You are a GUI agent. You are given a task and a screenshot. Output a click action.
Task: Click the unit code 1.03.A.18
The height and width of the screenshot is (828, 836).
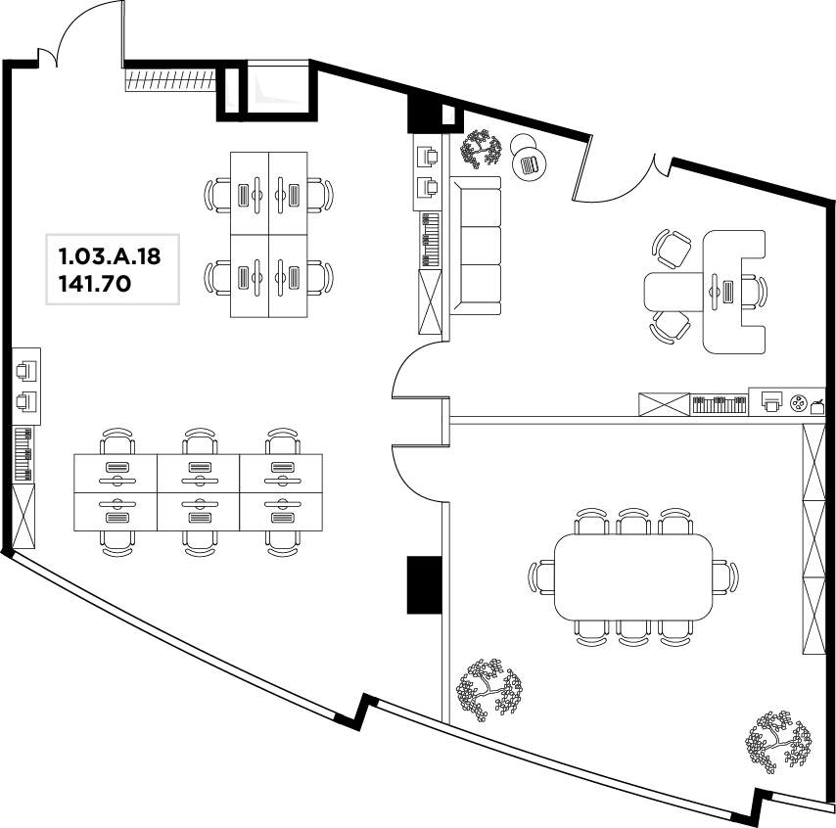(x=110, y=256)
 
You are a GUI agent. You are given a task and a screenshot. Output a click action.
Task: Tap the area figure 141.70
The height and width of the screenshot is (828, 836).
(x=94, y=284)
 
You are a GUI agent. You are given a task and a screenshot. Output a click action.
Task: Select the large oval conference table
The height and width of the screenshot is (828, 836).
(x=633, y=576)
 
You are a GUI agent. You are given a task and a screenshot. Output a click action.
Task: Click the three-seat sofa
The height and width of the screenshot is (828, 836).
(x=476, y=246)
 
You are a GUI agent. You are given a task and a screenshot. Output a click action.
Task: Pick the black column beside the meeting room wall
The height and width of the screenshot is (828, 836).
(x=425, y=585)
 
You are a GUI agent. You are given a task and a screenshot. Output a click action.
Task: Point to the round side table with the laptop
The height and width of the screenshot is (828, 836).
(x=531, y=163)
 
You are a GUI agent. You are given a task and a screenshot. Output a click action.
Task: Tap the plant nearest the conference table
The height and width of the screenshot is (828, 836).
(x=488, y=690)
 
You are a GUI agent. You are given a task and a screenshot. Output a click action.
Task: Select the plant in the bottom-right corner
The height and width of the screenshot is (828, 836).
(x=778, y=741)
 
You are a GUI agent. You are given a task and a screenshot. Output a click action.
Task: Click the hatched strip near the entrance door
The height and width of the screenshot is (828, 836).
(x=170, y=79)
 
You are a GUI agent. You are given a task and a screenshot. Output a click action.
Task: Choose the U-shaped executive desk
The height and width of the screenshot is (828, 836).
(x=735, y=292)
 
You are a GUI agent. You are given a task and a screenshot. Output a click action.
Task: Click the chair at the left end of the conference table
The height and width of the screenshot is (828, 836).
(x=541, y=576)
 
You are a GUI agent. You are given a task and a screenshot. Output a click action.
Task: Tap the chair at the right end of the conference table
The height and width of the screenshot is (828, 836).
(x=725, y=576)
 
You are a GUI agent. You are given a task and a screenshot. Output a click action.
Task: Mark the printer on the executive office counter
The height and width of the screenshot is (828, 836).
(x=771, y=401)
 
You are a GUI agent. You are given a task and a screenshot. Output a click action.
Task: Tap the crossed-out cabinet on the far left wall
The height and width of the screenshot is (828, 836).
(x=23, y=516)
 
